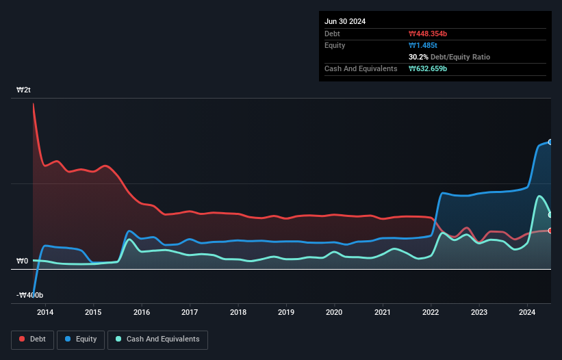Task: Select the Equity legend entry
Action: pyautogui.click(x=81, y=339)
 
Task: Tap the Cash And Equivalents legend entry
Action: pyautogui.click(x=157, y=339)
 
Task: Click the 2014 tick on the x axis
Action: pyautogui.click(x=44, y=313)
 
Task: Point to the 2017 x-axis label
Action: pyautogui.click(x=190, y=313)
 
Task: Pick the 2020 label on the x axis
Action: pyautogui.click(x=334, y=313)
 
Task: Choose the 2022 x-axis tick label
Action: pyautogui.click(x=431, y=313)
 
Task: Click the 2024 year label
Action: pyautogui.click(x=527, y=313)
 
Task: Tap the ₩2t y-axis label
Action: pyautogui.click(x=23, y=90)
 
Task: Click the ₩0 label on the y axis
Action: pyautogui.click(x=22, y=261)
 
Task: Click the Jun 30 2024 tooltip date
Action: pyautogui.click(x=345, y=21)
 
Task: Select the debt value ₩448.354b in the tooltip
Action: pyautogui.click(x=429, y=34)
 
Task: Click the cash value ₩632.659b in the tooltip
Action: pyautogui.click(x=428, y=69)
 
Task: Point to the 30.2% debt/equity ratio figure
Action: pyautogui.click(x=420, y=57)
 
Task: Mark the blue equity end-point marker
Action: pyautogui.click(x=550, y=142)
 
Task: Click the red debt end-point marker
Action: pyautogui.click(x=550, y=231)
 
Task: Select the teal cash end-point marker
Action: pyautogui.click(x=550, y=215)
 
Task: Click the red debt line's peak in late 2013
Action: pyautogui.click(x=33, y=104)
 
